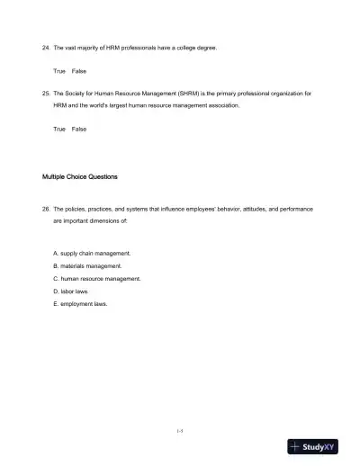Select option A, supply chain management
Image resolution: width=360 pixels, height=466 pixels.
click(x=92, y=254)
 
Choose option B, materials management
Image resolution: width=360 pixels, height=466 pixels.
click(x=87, y=266)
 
